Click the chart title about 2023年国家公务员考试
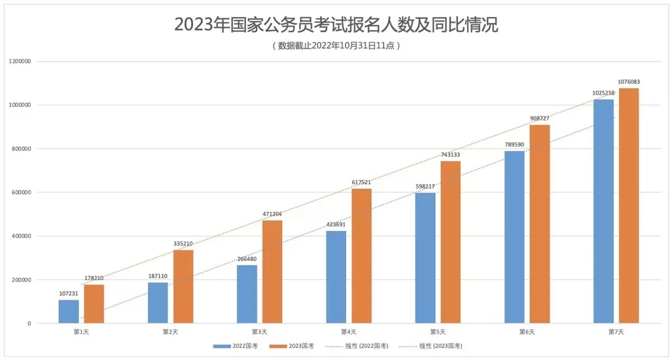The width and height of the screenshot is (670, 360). pos(335,26)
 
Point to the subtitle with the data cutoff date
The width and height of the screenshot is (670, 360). pos(335,46)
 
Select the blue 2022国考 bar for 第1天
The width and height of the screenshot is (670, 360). pos(68,312)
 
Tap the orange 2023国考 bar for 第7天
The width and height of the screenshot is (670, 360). pos(629,206)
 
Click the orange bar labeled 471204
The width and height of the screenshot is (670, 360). pos(272,272)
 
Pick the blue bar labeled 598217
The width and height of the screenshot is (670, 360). pos(425,258)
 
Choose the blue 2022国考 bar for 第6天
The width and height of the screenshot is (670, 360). pos(514,237)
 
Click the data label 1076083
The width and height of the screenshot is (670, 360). pos(629,82)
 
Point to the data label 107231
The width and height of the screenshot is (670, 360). pos(68,293)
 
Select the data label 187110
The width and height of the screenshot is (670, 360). pos(158,276)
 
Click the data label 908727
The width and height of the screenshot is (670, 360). pos(540,118)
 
